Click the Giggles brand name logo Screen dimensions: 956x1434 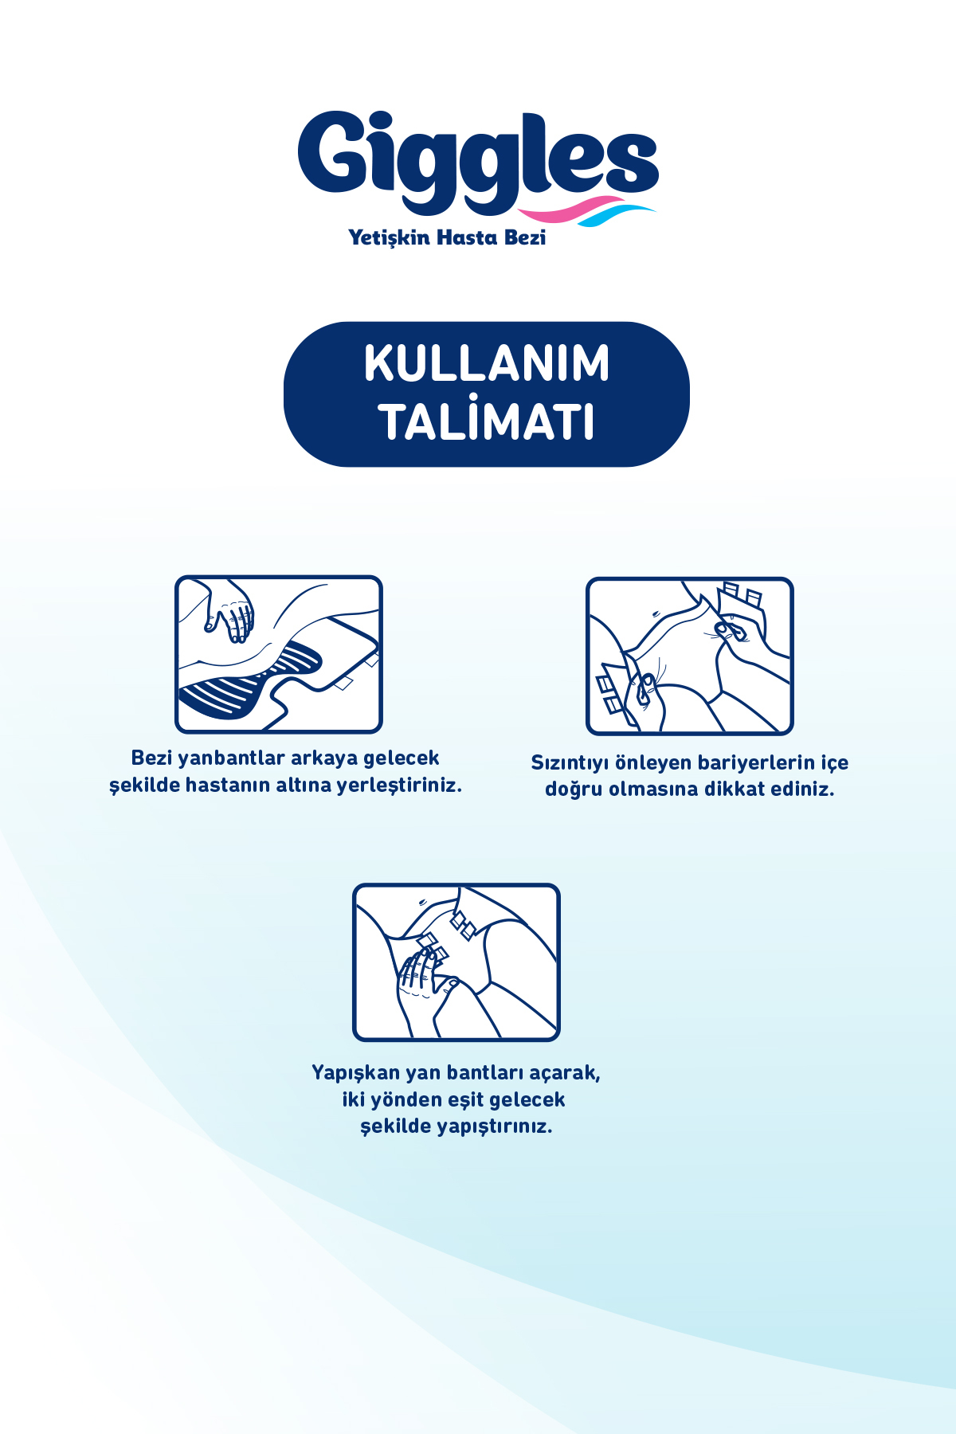[x=478, y=159]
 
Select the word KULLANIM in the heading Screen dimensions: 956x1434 [x=487, y=363]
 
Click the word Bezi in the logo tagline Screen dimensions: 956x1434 [x=525, y=237]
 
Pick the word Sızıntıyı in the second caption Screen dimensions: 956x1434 [x=570, y=763]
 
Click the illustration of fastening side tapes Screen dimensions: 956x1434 [x=456, y=962]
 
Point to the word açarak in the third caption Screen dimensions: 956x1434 [x=564, y=1074]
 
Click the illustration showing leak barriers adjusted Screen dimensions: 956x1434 [x=690, y=656]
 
